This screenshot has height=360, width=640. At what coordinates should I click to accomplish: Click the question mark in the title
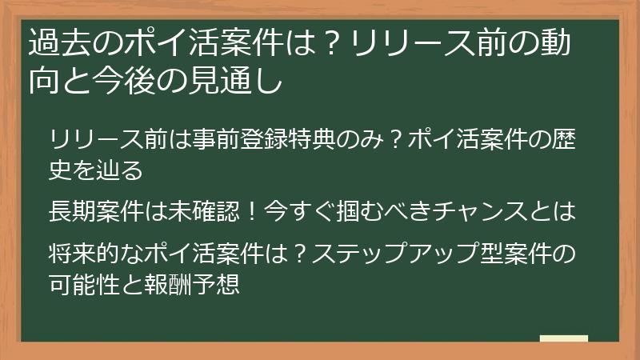coord(314,44)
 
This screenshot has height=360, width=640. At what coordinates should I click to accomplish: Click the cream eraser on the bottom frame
coord(564,340)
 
